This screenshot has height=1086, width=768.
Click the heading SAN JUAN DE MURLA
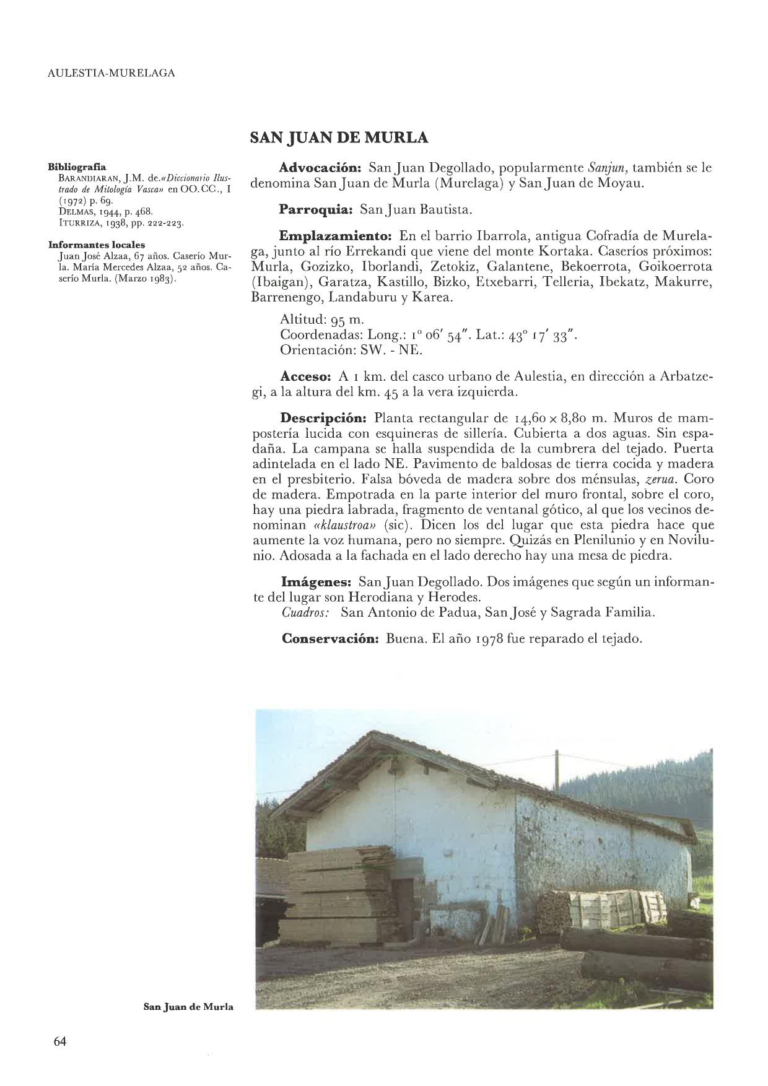(x=339, y=137)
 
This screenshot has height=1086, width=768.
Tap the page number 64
(x=60, y=1041)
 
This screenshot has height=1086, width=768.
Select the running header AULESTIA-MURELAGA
(x=111, y=73)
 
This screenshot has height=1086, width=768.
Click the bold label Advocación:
(x=320, y=168)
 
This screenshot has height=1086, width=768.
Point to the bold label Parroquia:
(x=315, y=210)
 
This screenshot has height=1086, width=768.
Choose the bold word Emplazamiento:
(x=336, y=237)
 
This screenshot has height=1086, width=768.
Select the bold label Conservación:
(x=329, y=638)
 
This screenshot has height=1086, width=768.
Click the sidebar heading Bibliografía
(x=77, y=167)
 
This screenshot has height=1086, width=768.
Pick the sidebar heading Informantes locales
(x=97, y=245)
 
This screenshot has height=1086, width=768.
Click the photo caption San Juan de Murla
(x=188, y=1007)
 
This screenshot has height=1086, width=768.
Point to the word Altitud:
(x=300, y=320)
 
